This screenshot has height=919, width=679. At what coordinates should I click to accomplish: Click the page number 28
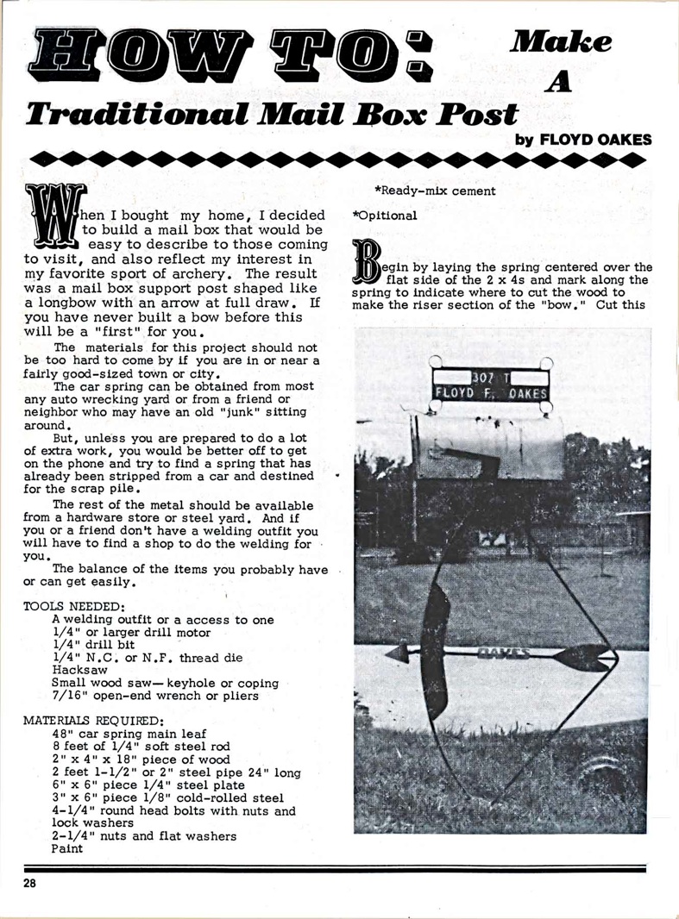pyautogui.click(x=30, y=884)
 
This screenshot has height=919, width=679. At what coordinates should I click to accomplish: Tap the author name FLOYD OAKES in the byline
pyautogui.click(x=594, y=138)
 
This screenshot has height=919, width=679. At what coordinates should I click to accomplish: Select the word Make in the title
pyautogui.click(x=561, y=41)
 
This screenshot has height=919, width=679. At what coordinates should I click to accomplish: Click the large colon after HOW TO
pyautogui.click(x=418, y=54)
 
